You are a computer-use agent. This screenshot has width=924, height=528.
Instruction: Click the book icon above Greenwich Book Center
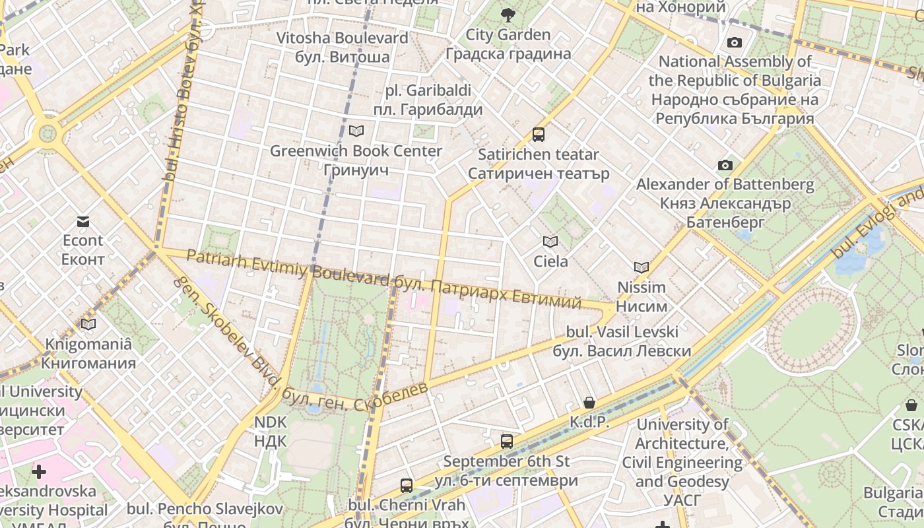[356, 131]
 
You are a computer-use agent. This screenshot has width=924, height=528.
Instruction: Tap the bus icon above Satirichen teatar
[539, 135]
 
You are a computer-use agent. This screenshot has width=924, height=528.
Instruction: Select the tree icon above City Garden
[508, 15]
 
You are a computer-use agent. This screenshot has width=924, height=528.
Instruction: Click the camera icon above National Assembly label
[735, 43]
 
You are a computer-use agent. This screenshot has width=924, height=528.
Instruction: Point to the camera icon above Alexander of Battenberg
[725, 165]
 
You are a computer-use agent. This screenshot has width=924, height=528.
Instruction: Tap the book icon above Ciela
[550, 242]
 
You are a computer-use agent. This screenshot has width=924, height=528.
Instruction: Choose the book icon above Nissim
[642, 268]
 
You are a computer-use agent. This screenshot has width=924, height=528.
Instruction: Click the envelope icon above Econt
[83, 221]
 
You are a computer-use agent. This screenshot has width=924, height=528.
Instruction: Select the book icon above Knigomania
[88, 324]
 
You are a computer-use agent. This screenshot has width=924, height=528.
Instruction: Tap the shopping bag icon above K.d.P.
[589, 403]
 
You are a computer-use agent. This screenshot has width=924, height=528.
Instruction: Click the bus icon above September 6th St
[507, 442]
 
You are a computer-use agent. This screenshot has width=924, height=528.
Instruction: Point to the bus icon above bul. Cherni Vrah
[407, 486]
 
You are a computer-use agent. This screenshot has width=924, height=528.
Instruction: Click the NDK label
[270, 431]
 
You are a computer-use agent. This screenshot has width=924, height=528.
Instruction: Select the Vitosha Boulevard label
[342, 48]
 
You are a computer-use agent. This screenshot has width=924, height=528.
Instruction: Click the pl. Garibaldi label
[428, 100]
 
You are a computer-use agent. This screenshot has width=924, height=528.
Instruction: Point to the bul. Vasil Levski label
[622, 341]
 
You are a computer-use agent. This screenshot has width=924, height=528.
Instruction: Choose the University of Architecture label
[682, 453]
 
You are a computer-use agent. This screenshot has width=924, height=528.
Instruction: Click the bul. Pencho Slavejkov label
[205, 509]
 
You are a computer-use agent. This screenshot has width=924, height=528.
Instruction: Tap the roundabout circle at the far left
[48, 134]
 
